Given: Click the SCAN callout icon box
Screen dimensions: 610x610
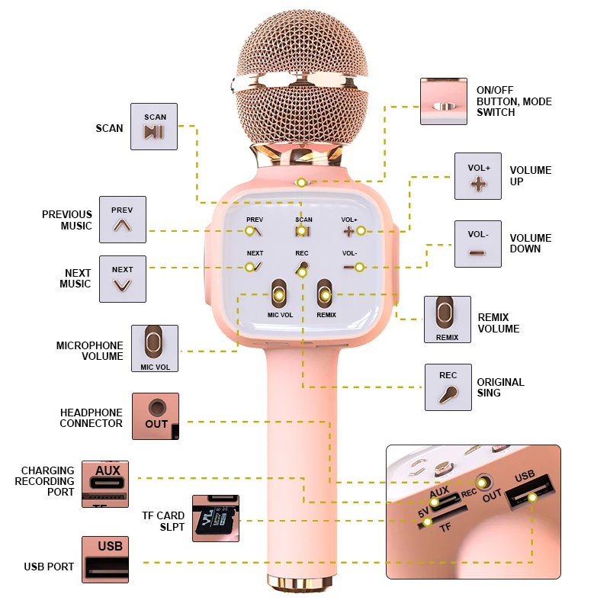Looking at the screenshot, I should click(x=154, y=127).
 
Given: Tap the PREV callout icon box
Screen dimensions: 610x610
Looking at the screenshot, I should click(x=122, y=220).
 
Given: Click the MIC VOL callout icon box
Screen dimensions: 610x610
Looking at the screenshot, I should click(x=155, y=348).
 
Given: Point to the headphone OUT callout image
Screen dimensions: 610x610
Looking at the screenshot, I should click(x=156, y=416).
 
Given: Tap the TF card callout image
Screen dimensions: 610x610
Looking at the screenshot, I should click(x=215, y=518).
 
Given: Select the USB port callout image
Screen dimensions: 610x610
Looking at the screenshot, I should click(x=105, y=559).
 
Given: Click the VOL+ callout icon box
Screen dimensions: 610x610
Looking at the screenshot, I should click(x=478, y=176).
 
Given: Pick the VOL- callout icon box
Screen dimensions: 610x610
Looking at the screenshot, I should click(x=478, y=244).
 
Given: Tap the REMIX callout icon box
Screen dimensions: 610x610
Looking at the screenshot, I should click(x=448, y=319).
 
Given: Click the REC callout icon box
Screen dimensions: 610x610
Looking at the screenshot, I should click(x=448, y=387).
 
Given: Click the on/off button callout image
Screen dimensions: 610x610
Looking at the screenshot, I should click(x=444, y=101).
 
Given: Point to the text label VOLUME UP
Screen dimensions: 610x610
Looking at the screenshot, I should click(x=530, y=175).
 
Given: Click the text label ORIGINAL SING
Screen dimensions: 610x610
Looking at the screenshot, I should click(x=500, y=387).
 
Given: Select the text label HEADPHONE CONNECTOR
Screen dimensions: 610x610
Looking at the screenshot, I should click(x=91, y=418).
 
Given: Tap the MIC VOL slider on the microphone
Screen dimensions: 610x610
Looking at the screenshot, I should click(x=279, y=296).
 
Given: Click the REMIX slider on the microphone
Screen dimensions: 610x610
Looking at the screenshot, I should click(x=326, y=296).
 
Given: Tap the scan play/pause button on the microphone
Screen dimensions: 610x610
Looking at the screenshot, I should click(x=303, y=230).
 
